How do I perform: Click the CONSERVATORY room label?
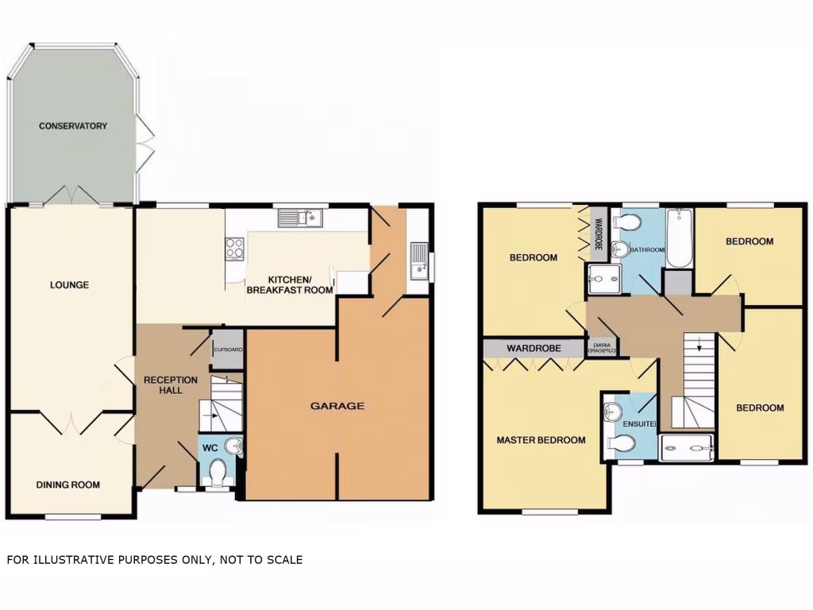click(x=73, y=126)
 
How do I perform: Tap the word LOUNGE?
click(x=69, y=285)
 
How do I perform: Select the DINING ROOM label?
click(x=68, y=485)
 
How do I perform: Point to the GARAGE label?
click(x=337, y=406)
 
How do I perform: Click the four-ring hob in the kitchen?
click(x=235, y=249)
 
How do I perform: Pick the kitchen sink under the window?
click(x=300, y=216)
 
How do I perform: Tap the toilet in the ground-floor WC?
click(x=217, y=472)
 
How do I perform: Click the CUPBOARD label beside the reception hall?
click(x=228, y=350)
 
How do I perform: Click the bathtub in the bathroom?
click(x=679, y=238)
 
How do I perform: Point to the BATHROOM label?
click(x=646, y=250)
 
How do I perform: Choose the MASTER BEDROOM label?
click(x=541, y=440)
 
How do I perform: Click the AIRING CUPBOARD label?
click(x=601, y=348)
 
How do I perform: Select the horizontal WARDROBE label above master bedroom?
click(x=534, y=349)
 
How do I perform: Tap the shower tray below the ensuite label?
click(x=687, y=450)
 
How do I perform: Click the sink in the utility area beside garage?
click(x=418, y=261)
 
